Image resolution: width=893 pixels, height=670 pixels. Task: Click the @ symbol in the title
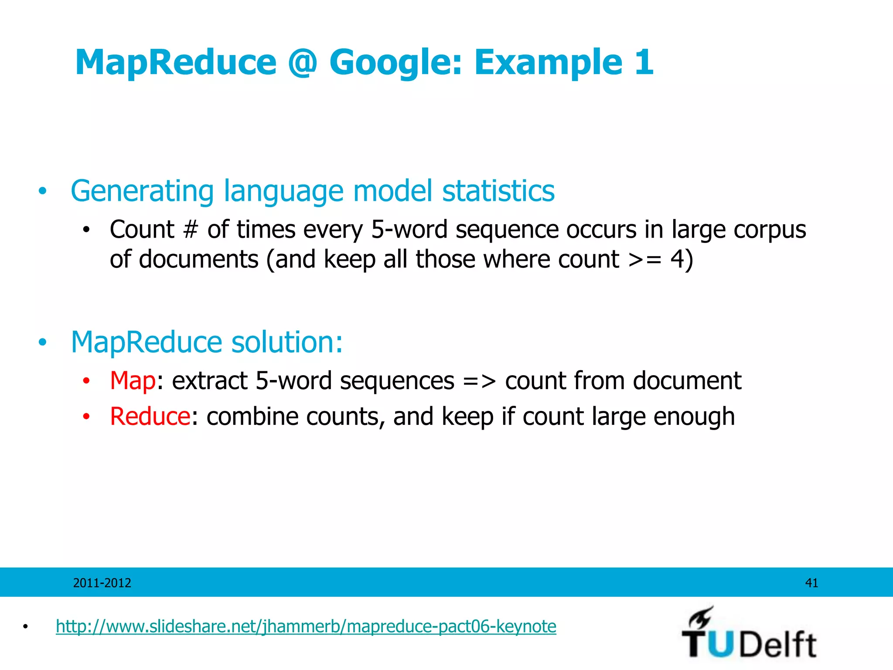(x=302, y=62)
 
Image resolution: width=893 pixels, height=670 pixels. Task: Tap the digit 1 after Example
(x=644, y=62)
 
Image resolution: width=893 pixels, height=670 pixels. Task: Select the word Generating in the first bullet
(x=142, y=191)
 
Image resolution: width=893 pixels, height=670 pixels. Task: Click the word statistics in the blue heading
(x=498, y=191)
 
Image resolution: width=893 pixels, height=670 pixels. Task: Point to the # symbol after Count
(x=191, y=229)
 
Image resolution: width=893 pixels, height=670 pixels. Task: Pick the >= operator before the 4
(x=645, y=260)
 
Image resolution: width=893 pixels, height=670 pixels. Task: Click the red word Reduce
(x=150, y=416)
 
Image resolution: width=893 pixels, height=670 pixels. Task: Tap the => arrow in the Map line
(x=479, y=381)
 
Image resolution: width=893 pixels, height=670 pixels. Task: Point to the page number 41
(x=811, y=583)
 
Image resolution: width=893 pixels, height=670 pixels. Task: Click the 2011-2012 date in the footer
(x=102, y=583)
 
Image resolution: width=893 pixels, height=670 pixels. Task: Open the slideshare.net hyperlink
(x=306, y=626)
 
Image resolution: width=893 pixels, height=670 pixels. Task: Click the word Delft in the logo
(x=778, y=644)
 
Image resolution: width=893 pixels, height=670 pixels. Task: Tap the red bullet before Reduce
(x=86, y=417)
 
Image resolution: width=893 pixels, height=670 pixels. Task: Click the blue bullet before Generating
(x=42, y=191)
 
